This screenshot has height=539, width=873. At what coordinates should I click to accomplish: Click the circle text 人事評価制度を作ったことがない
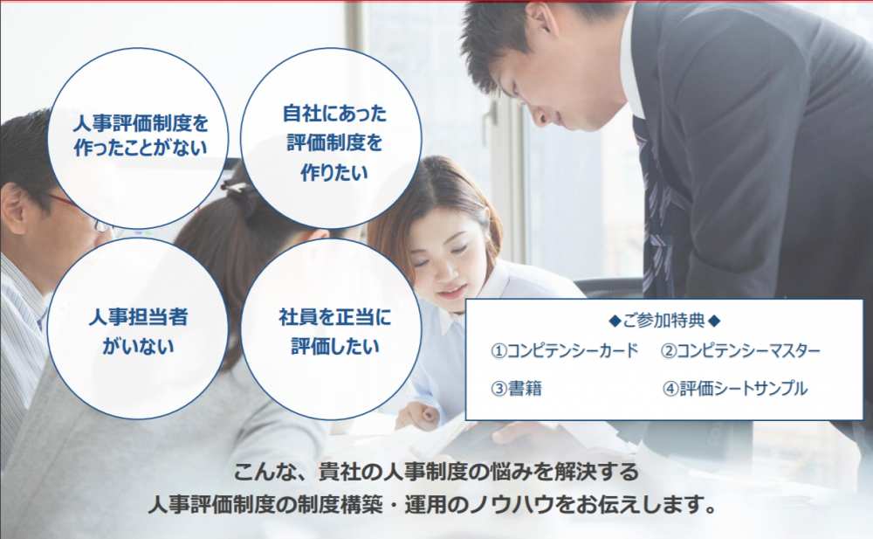[141, 135]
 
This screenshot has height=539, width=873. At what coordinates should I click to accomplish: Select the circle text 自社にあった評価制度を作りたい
[334, 142]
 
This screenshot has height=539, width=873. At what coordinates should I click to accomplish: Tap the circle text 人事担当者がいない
[138, 332]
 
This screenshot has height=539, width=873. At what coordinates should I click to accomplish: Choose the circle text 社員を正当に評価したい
[335, 332]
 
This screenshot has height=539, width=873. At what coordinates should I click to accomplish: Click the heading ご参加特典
[664, 321]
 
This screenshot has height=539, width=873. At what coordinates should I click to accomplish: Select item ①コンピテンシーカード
[565, 350]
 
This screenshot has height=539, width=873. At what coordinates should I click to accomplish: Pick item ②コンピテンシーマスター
[740, 350]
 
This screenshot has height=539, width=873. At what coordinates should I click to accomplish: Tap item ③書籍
[516, 388]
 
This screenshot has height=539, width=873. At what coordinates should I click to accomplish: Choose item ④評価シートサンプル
[734, 388]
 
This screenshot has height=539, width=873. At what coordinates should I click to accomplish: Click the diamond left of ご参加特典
[615, 321]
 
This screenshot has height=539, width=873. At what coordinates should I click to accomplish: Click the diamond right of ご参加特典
[714, 321]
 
